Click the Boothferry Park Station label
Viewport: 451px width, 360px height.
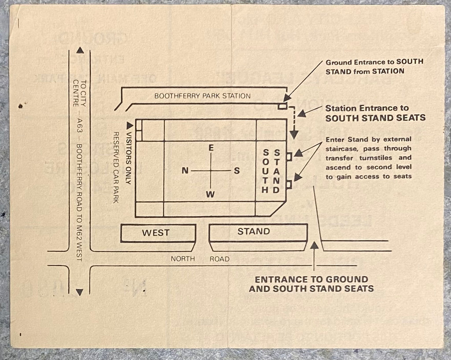point(202,96)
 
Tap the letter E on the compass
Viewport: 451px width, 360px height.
point(211,148)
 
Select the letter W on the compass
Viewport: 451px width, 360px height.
point(211,194)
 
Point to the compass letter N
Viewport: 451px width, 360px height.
point(185,171)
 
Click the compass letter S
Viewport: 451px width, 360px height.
point(237,171)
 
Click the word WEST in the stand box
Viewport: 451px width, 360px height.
point(155,233)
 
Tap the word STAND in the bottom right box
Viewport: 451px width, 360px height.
point(253,231)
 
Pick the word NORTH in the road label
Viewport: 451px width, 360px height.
point(183,259)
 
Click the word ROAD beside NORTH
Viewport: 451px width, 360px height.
point(219,259)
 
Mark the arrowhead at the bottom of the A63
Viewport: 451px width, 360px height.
point(80,291)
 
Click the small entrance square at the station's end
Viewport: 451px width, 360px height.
point(282,106)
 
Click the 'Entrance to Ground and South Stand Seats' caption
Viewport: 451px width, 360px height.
point(311,284)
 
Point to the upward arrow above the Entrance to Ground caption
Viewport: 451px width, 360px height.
point(314,255)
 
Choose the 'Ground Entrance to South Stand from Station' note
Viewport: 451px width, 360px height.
point(374,66)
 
